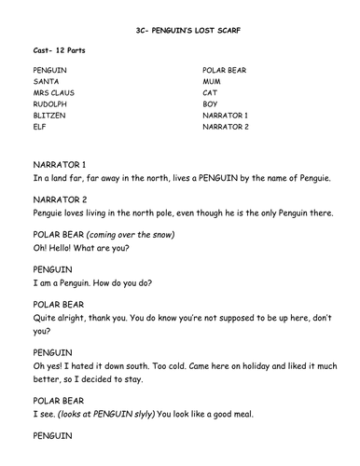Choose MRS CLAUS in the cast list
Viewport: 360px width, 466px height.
tap(55, 94)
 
